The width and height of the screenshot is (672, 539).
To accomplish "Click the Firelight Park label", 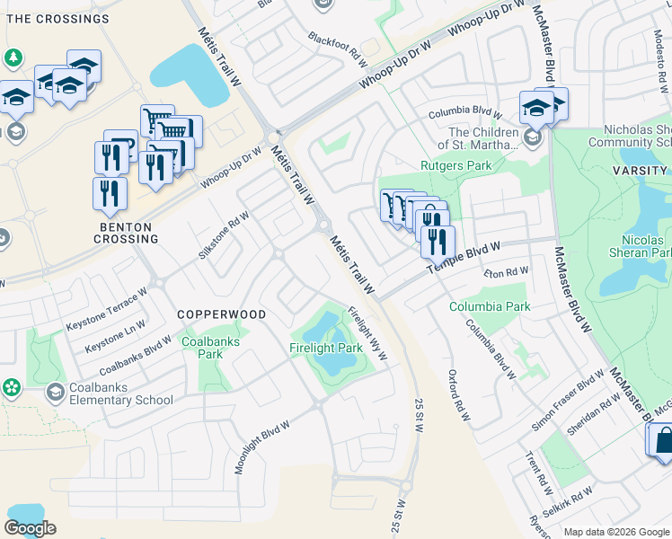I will pos(325,348).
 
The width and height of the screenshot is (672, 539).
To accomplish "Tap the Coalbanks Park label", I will pos(202,348).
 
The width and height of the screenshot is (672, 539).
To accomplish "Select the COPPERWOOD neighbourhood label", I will pos(221,314).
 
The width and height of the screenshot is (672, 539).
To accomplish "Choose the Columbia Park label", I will pos(490,306).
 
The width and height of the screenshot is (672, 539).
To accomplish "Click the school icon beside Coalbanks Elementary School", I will pos(55,392).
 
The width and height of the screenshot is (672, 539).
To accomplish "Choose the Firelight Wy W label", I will pos(367,334).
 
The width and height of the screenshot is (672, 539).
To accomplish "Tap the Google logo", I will pos(30,528).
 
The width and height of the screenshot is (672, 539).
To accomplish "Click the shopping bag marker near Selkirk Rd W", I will pos(662,440).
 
